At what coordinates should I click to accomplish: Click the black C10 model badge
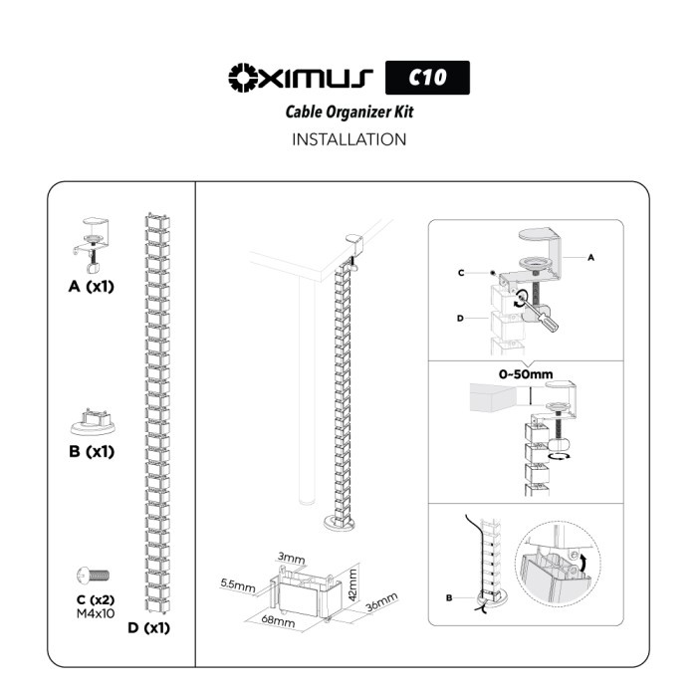[x=427, y=78]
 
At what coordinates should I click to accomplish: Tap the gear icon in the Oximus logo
[x=244, y=78]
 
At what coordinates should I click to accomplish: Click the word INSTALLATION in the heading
[x=348, y=139]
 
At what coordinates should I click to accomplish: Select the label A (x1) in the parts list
[x=92, y=287]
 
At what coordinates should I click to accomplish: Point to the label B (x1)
[x=92, y=451]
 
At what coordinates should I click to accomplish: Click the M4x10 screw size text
[x=96, y=614]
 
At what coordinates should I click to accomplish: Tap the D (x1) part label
[x=149, y=627]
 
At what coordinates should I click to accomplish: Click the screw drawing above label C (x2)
[x=93, y=576]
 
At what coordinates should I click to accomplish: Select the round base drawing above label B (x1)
[x=93, y=422]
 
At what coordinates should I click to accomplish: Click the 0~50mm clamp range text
[x=526, y=374]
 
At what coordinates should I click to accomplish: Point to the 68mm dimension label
[x=278, y=619]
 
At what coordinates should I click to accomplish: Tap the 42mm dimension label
[x=352, y=585]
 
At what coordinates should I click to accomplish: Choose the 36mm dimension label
[x=381, y=602]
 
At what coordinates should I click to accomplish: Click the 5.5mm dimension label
[x=238, y=585]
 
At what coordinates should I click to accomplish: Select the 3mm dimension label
[x=291, y=558]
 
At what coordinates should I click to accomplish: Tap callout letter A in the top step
[x=590, y=257]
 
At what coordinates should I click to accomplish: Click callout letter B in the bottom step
[x=449, y=597]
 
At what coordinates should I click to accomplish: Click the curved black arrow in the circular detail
[x=583, y=564]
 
